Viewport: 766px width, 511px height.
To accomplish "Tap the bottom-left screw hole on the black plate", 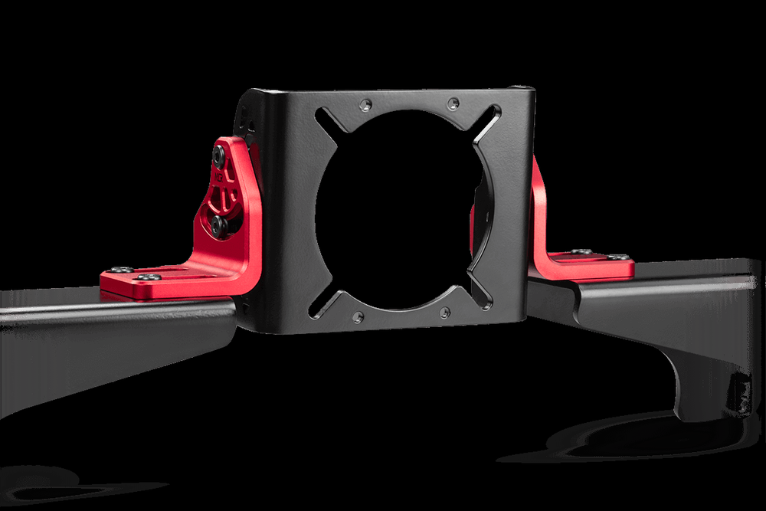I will click(x=358, y=316).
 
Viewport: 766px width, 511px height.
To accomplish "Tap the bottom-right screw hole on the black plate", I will click(x=445, y=313).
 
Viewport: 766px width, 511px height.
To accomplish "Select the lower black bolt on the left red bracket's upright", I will click(x=218, y=224).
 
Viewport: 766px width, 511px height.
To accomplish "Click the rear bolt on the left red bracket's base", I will click(x=121, y=270).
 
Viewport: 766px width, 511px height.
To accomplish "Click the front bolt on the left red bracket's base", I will click(x=148, y=276).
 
